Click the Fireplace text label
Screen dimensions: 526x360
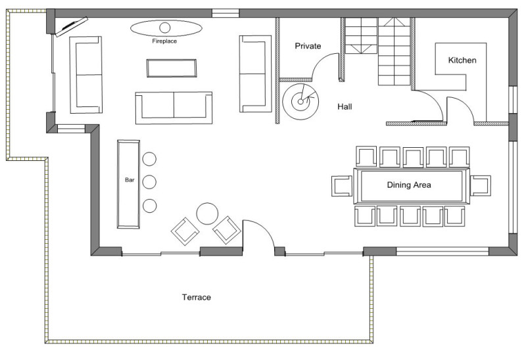point(164,41)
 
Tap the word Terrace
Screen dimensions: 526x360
point(197,298)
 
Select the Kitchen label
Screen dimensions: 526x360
point(462,60)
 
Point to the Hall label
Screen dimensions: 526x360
point(345,106)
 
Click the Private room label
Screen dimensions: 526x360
point(308,46)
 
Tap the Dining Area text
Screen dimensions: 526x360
point(409,185)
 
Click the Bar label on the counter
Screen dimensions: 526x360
point(130,180)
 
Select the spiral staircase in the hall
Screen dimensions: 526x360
point(300,101)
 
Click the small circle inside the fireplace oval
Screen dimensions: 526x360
point(165,28)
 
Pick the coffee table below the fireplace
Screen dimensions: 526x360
point(172,68)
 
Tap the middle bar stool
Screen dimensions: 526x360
point(149,182)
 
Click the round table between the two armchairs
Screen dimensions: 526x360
point(207,214)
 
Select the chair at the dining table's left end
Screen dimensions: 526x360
point(342,186)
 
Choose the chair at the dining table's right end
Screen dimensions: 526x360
point(481,185)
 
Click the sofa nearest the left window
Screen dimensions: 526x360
point(85,75)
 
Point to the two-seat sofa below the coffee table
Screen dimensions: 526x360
point(174,108)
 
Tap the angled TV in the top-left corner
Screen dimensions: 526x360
point(72,26)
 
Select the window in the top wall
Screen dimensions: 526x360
point(226,13)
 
